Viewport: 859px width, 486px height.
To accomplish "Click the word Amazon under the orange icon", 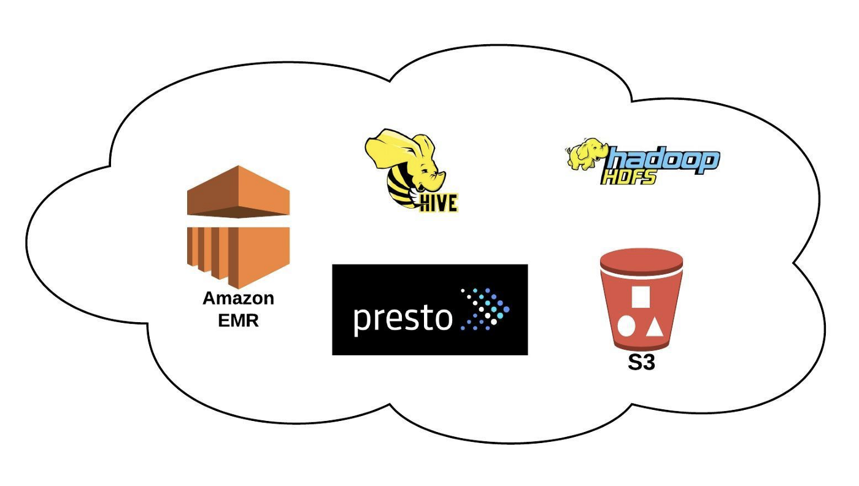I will tap(238, 299).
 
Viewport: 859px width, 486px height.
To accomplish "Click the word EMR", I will tap(238, 320).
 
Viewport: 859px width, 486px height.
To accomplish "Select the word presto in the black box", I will tap(403, 317).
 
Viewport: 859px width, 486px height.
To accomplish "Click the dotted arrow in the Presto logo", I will tap(485, 309).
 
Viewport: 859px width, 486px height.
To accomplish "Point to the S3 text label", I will tap(641, 363).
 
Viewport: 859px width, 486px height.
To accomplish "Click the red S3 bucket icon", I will tap(641, 301).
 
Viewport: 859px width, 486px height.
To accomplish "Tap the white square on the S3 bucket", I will tap(641, 296).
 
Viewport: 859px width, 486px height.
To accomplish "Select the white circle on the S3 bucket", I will tap(626, 326).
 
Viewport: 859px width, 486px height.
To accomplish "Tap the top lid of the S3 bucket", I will tap(641, 259).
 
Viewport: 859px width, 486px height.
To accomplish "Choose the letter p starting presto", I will tap(363, 320).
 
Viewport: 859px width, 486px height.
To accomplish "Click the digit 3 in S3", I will tap(649, 363).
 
